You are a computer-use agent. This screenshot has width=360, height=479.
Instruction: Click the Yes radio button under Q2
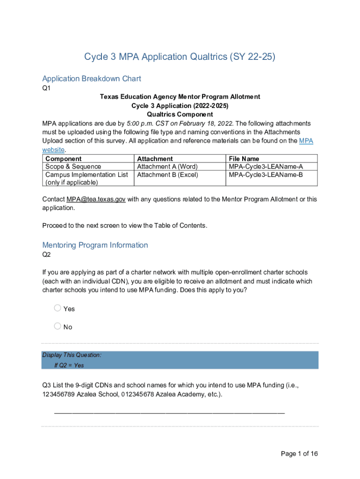(x=58, y=308)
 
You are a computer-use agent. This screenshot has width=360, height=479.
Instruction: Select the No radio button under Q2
(x=58, y=326)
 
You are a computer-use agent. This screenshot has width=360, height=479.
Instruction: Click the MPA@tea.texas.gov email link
(x=96, y=199)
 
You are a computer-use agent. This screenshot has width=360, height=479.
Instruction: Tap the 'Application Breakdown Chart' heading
(x=92, y=79)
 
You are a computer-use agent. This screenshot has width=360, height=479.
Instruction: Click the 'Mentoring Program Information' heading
(x=95, y=245)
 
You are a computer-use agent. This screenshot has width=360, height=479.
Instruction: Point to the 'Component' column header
(x=63, y=159)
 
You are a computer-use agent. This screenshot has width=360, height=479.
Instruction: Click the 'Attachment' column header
(x=155, y=159)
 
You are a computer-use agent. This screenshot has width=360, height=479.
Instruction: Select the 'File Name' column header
(x=244, y=159)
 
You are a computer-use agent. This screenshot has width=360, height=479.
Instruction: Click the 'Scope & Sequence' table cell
(x=73, y=167)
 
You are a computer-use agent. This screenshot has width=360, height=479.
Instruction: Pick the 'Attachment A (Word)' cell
(x=167, y=167)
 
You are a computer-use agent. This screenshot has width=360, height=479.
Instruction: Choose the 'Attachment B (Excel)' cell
(x=167, y=175)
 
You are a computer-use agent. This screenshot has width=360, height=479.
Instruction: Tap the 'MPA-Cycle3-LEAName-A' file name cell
(x=266, y=167)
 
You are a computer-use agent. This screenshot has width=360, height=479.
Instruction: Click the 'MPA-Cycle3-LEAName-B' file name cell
(x=266, y=175)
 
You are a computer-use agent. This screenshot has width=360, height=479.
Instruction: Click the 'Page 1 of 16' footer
(x=299, y=454)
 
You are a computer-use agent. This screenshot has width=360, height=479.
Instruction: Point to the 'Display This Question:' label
(x=72, y=356)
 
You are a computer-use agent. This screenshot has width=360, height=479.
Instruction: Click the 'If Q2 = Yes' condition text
(x=69, y=365)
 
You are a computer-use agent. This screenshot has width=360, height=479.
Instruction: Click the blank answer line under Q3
(x=169, y=412)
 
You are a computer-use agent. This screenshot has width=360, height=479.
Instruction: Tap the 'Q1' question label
(x=46, y=88)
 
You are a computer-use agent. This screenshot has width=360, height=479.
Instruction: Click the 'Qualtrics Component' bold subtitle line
(x=180, y=114)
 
